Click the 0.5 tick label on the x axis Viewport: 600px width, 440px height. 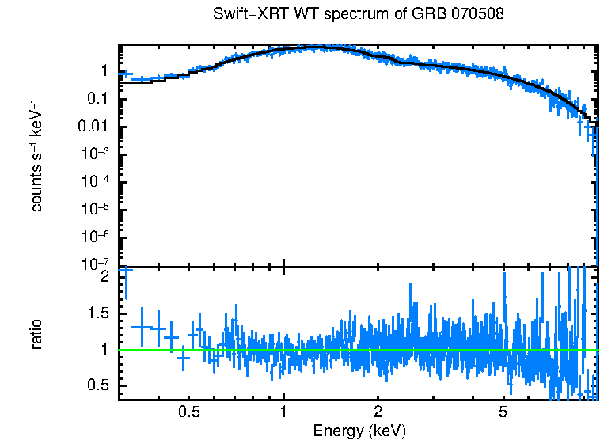click(x=188, y=412)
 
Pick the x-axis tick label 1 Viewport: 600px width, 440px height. click(x=283, y=412)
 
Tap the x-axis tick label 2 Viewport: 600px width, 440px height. click(x=378, y=412)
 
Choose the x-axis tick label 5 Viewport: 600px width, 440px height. click(x=503, y=412)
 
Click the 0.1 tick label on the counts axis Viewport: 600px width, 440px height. click(x=97, y=99)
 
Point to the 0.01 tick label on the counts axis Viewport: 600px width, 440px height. click(x=93, y=127)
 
